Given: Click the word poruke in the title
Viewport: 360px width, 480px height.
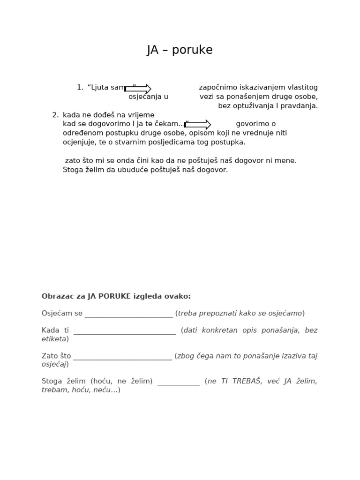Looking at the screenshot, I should (192, 51).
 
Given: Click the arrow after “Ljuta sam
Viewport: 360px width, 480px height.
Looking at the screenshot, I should (138, 89).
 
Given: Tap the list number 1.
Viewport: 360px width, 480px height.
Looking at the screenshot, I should (80, 88).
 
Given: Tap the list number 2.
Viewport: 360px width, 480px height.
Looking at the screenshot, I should (55, 115).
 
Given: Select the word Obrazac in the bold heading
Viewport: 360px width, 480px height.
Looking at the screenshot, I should (56, 297).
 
